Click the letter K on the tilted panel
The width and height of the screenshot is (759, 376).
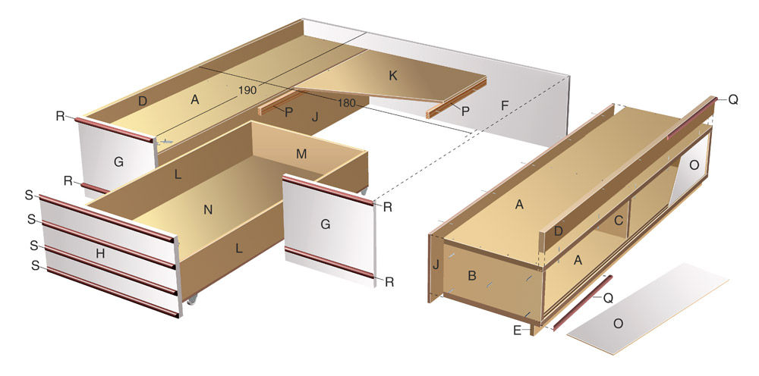pos(393,76)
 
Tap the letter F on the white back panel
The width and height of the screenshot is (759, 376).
pos(505,105)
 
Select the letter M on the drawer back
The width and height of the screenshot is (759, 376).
pos(301,154)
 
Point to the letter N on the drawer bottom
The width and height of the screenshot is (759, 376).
pos(208,210)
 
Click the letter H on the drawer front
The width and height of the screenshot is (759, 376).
pos(100,253)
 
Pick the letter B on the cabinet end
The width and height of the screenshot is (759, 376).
pos(472,276)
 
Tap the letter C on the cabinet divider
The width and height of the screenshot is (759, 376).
pos(618,221)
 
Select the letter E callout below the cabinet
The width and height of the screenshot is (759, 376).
pos(518,331)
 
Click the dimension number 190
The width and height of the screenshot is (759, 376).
pos(247,90)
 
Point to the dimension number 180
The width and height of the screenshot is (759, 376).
pos(347,103)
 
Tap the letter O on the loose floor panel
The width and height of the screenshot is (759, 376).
pos(618,324)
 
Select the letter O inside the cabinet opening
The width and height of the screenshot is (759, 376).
pos(694,164)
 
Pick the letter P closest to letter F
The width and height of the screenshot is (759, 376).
pos(465,111)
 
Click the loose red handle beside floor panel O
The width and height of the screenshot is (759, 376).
pos(582,303)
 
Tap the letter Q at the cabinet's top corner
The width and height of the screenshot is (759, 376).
pos(733,100)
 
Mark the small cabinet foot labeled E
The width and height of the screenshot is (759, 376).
pos(536,330)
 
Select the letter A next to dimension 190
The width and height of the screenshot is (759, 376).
pos(194,99)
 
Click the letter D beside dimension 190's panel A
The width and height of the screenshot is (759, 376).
pos(143,102)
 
